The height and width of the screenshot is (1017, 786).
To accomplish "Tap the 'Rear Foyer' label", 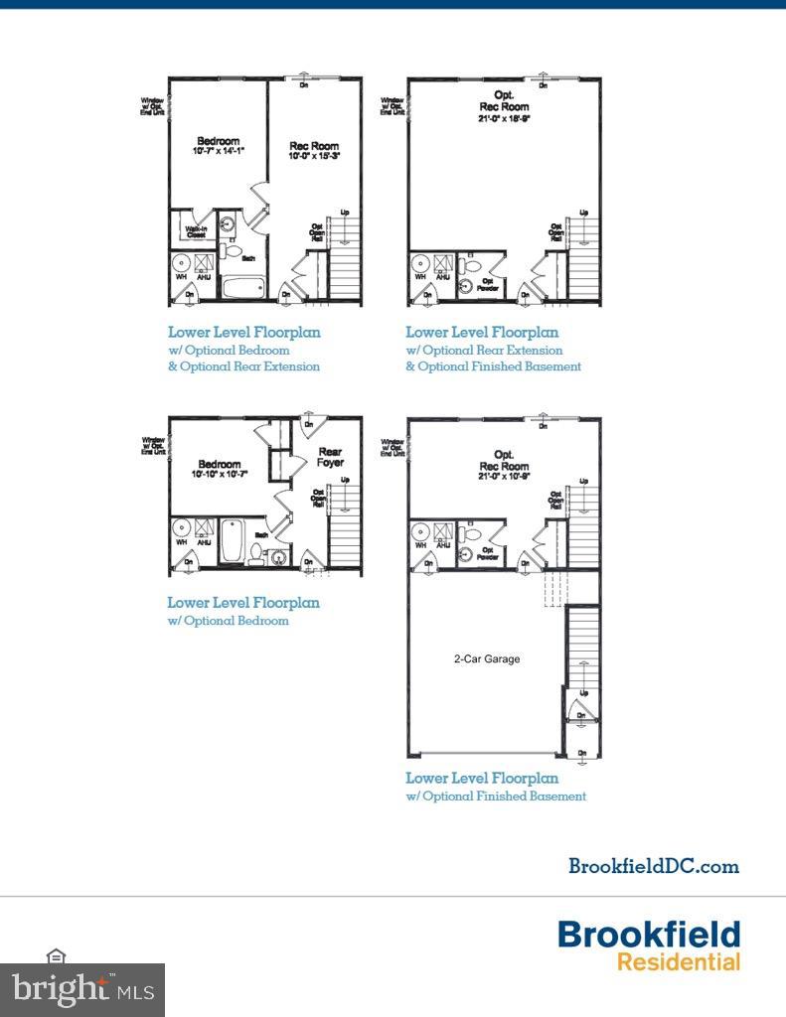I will [330, 457].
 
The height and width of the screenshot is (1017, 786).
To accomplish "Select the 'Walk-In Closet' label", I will [196, 232].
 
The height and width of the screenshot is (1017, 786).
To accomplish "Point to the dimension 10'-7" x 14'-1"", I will [218, 151].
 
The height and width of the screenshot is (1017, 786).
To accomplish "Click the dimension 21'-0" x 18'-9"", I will [504, 118].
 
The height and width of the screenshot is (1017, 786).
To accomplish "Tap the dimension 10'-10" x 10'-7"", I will [219, 475].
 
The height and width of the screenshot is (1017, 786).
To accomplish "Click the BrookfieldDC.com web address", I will [653, 866].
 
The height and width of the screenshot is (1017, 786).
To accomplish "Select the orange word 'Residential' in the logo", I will [678, 961].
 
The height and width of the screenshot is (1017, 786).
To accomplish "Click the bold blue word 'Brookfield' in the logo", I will [648, 935].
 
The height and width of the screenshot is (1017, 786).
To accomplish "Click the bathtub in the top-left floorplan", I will [240, 289].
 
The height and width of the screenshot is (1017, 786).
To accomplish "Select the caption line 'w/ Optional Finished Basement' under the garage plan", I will [496, 796].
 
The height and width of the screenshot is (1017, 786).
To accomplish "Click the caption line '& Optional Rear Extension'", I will [243, 366].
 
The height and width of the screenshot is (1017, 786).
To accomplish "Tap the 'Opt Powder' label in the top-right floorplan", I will [488, 282].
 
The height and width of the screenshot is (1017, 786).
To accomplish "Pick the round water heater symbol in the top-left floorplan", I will [182, 264].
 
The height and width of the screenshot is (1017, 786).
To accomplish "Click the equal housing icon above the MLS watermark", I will [56, 955].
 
